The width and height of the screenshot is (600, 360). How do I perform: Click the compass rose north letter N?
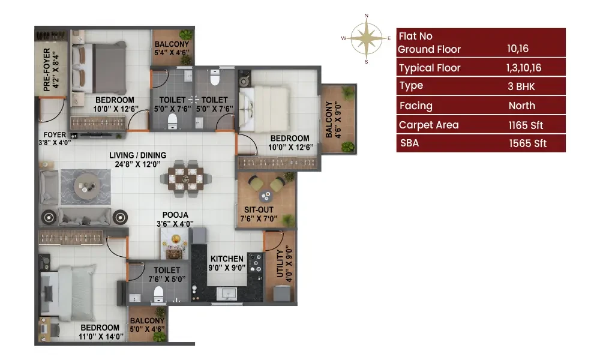(x=366, y=16)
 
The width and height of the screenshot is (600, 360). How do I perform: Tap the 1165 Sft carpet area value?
(x=526, y=125)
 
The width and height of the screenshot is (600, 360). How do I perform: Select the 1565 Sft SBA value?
(x=527, y=143)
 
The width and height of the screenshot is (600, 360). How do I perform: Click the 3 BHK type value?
(x=521, y=86)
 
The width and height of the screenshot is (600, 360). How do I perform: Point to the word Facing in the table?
(x=416, y=106)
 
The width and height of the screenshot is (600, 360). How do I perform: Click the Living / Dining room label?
(x=138, y=160)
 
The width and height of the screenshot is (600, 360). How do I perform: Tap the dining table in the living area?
(x=185, y=179)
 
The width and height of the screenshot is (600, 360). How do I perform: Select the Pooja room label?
(x=175, y=219)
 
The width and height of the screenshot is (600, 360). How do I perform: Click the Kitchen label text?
(x=227, y=259)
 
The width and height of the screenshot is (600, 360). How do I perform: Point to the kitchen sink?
(x=227, y=294)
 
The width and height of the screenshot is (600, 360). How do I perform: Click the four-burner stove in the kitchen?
(x=255, y=263)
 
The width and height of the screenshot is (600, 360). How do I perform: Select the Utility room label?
(x=284, y=263)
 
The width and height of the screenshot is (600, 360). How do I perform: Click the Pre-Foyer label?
(x=51, y=69)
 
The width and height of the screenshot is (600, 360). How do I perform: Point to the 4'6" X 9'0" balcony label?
(x=333, y=119)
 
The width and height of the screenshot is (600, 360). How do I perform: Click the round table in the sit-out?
(x=266, y=196)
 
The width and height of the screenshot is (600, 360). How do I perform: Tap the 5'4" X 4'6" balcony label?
(x=172, y=49)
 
